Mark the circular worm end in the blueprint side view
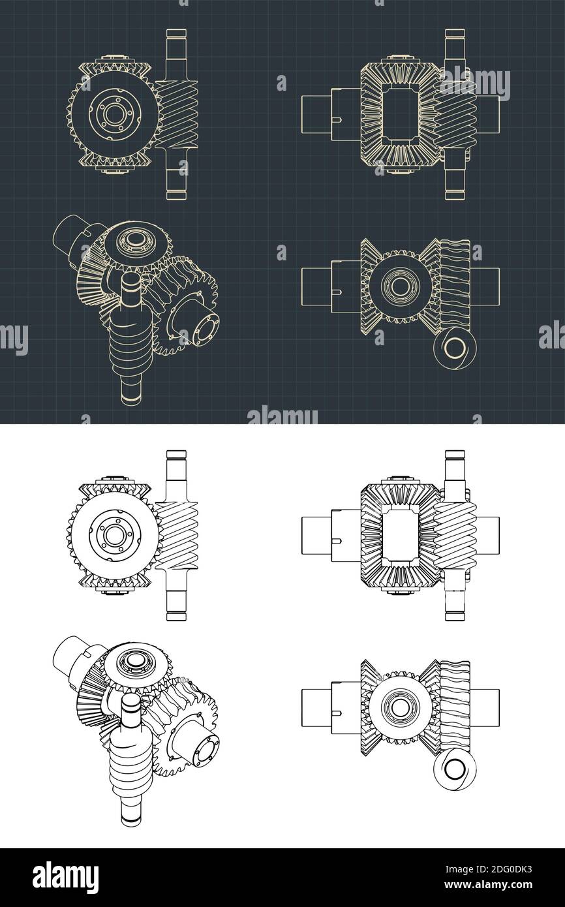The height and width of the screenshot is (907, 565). (451, 346)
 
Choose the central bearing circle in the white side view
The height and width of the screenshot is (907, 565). (397, 707)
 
